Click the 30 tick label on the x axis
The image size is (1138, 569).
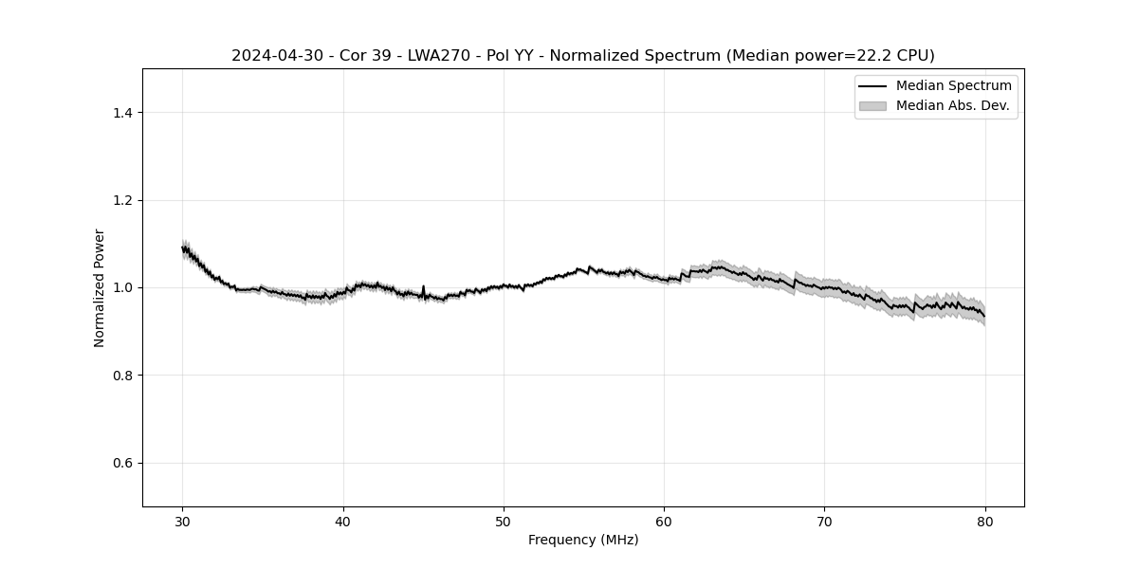183,521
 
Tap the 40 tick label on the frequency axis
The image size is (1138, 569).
343,521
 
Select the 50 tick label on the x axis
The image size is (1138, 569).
504,521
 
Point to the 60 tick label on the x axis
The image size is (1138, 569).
664,521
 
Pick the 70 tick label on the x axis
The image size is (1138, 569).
825,521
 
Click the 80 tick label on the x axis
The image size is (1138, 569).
985,521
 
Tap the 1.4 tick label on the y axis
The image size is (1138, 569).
122,113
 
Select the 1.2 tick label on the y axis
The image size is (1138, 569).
122,200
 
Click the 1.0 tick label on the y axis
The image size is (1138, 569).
122,287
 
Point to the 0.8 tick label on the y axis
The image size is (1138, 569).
122,376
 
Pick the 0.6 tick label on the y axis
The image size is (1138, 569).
122,463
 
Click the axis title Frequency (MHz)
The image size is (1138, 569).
583,540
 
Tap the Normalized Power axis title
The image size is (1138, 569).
100,287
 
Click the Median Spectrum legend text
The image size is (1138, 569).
953,86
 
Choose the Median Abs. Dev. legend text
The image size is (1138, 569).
953,105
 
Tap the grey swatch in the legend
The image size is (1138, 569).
872,105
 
